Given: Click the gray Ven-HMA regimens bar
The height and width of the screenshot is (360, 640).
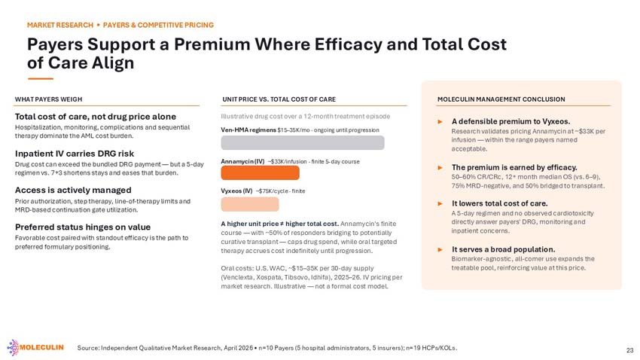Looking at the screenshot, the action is pyautogui.click(x=303, y=143).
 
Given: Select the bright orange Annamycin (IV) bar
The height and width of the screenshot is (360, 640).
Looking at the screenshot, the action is pyautogui.click(x=260, y=172).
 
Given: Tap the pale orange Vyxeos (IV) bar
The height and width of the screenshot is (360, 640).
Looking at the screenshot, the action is pyautogui.click(x=250, y=204).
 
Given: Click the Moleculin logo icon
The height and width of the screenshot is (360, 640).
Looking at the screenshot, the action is pyautogui.click(x=13, y=348).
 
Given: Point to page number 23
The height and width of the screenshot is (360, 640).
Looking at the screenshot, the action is pyautogui.click(x=629, y=350).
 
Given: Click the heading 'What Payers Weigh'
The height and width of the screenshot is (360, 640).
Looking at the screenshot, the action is pyautogui.click(x=49, y=99).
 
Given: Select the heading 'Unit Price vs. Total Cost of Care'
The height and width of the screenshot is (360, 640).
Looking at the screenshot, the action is pyautogui.click(x=279, y=99).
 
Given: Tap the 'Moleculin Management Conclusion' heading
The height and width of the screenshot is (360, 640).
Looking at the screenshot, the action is pyautogui.click(x=501, y=99).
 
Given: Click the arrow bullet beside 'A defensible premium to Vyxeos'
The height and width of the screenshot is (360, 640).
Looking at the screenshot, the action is pyautogui.click(x=440, y=122).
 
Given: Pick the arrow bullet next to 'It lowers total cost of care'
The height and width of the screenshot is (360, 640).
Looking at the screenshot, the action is pyautogui.click(x=440, y=203).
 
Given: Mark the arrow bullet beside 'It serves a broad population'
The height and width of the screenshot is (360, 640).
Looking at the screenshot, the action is pyautogui.click(x=440, y=249).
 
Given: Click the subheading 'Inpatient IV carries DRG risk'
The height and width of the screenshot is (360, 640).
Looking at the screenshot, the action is pyautogui.click(x=75, y=154).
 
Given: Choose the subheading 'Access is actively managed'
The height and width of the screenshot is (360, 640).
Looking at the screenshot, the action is pyautogui.click(x=73, y=191).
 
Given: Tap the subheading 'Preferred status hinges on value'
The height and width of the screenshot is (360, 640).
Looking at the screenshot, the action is pyautogui.click(x=83, y=227).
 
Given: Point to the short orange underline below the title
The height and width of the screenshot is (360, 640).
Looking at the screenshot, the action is pyautogui.click(x=41, y=78).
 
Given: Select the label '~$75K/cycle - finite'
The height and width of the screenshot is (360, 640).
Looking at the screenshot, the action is pyautogui.click(x=280, y=191).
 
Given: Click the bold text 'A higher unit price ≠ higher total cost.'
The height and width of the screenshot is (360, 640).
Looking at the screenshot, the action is pyautogui.click(x=279, y=224).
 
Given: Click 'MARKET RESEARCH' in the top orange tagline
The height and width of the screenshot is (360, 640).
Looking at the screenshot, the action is pyautogui.click(x=60, y=26).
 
